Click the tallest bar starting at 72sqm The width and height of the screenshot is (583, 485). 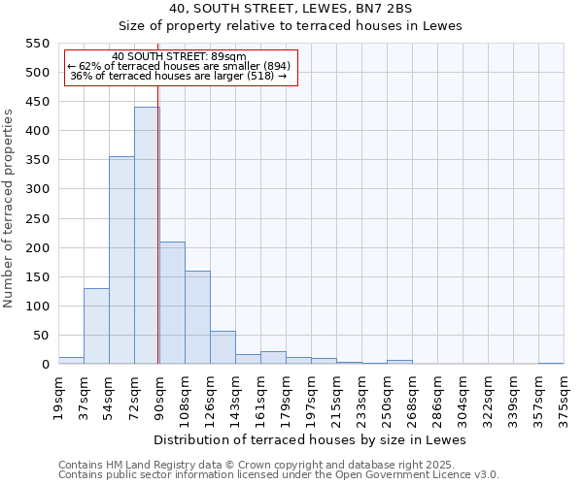click(x=146, y=236)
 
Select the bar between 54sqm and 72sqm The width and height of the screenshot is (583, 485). click(x=121, y=260)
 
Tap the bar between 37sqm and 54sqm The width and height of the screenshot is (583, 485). click(x=96, y=326)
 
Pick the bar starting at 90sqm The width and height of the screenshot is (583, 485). click(x=172, y=303)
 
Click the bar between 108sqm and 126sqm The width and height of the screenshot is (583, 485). click(x=197, y=317)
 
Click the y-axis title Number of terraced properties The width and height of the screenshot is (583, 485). click(x=9, y=209)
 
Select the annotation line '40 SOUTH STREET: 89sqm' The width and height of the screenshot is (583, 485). click(x=179, y=56)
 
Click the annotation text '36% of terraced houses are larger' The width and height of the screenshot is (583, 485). click(x=179, y=76)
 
